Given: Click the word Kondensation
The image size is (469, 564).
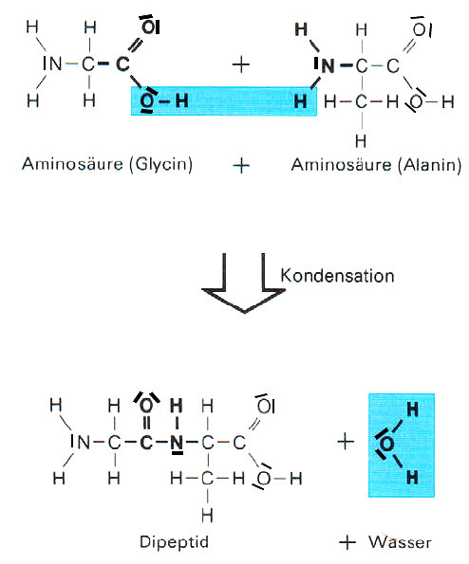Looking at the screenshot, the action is pos(337,276).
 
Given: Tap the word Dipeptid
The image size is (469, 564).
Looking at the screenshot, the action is pos(174,542).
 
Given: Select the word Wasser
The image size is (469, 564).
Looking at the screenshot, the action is pos(400,542).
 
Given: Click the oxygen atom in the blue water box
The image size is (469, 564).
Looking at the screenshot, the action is pos(386,445).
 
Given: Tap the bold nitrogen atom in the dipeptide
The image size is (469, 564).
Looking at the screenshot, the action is pos(177,443).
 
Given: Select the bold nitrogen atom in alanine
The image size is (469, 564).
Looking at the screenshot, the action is pos(328,65).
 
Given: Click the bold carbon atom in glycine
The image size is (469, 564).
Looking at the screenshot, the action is pos(122,64).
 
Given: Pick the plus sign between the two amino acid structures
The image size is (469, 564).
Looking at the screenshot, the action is pos(241,64).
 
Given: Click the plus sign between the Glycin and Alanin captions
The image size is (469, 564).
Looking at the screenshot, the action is pos(241,166).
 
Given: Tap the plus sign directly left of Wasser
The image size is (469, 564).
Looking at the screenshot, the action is pos(347,542).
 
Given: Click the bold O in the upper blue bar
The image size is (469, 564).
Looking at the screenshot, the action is pos(147,101).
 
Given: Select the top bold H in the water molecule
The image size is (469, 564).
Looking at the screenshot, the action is pos(413,409).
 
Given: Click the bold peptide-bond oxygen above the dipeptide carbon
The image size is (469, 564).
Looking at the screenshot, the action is pos(146,406).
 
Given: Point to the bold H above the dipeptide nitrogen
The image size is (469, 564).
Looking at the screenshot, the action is pos(177,406).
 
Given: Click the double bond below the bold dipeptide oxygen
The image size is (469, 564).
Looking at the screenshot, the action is pos(146,423).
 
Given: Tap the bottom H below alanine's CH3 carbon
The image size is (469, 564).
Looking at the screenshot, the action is pos(361,140).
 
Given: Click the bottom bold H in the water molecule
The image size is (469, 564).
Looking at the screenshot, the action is pos(413,478).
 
